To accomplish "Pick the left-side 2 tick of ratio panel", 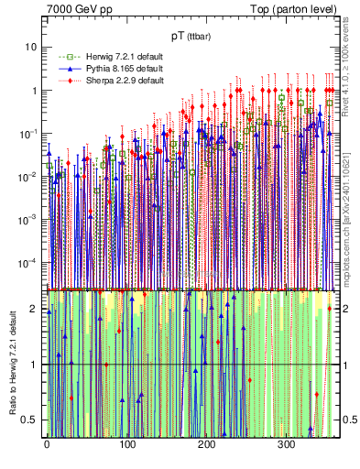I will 36,309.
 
